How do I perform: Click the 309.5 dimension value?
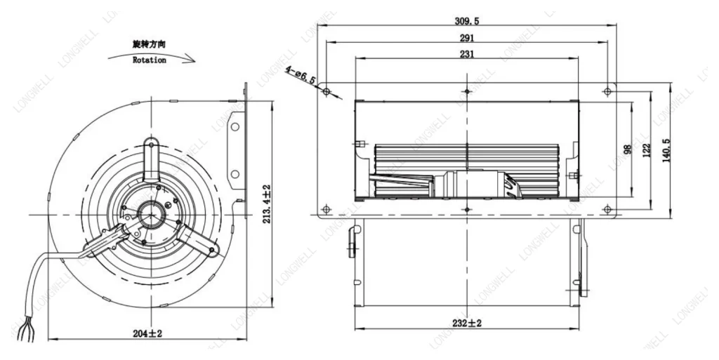(x=467, y=21)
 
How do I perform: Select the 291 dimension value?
(x=467, y=38)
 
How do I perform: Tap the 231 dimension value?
(x=467, y=54)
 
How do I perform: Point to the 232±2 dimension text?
(x=467, y=324)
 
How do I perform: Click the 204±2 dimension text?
(x=147, y=334)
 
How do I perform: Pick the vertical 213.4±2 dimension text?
(x=266, y=204)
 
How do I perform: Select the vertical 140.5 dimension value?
(x=666, y=151)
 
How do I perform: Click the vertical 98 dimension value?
(x=628, y=149)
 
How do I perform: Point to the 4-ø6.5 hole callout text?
(x=301, y=75)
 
